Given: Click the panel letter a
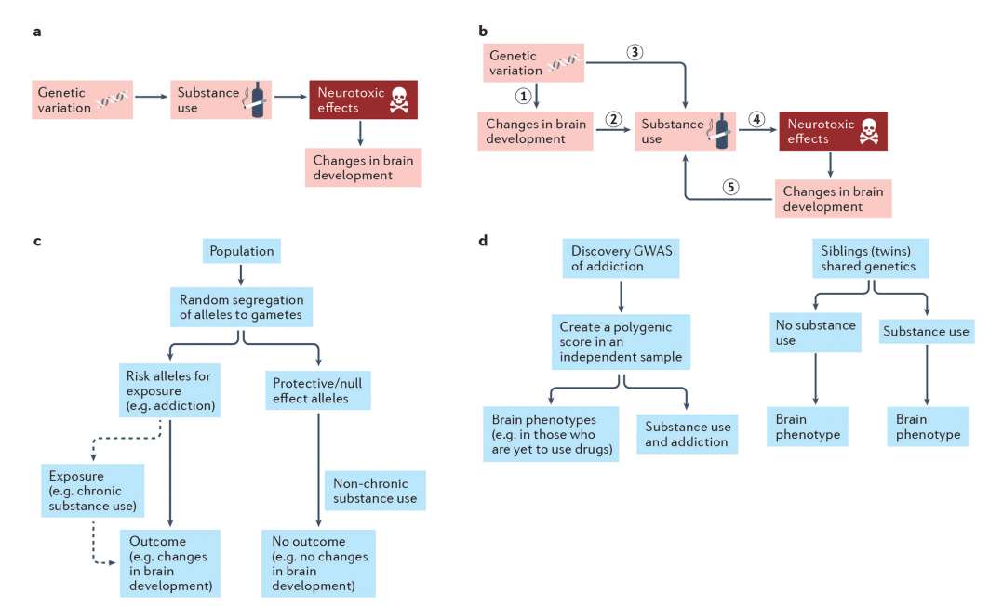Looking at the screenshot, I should point(37,32).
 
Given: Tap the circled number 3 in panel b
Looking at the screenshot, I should point(635,52).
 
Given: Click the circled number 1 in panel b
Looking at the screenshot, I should point(525,95).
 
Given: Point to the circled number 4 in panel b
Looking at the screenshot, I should point(756,119).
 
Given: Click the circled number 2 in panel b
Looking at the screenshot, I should point(612,119).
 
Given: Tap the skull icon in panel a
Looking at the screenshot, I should point(397,99).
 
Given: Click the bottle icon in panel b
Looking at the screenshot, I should point(720,130).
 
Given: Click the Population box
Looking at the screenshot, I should point(241,251).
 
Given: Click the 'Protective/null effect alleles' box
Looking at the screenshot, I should point(318,390).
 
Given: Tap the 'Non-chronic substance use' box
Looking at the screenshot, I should point(375,491).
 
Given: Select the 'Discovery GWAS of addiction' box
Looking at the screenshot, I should point(621,258).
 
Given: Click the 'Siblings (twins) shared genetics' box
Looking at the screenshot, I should point(868,258).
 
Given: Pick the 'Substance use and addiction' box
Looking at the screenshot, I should point(687,434).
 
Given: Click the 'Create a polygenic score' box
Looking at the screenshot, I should point(621,342).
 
